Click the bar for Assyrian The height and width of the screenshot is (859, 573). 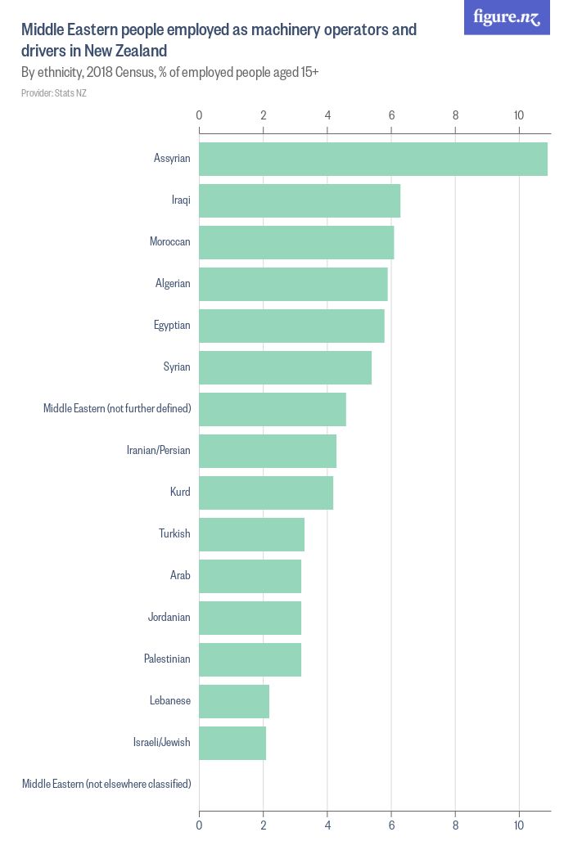point(373,159)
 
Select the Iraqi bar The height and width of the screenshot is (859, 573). point(300,200)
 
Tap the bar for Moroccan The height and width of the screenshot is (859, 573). point(296,242)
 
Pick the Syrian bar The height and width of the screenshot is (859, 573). point(285,367)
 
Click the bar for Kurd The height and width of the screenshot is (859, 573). point(266,492)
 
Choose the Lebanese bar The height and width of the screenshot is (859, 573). point(234,701)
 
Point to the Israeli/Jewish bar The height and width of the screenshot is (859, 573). point(232,743)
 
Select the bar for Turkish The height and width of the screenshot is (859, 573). point(251,534)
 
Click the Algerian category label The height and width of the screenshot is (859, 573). point(173,284)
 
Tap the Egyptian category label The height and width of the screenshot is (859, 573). point(172,326)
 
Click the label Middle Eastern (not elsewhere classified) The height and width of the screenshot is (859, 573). point(106,785)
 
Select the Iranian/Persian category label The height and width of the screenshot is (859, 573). point(158,451)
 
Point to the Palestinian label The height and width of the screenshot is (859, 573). point(167,659)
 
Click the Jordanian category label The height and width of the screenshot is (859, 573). point(169,618)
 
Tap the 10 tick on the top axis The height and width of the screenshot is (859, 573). point(519,115)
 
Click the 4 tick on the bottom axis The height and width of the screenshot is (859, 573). point(327,826)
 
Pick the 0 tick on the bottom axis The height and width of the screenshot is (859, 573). point(199,826)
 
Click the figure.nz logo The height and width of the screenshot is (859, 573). point(507,17)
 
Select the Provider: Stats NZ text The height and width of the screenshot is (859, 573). point(54,93)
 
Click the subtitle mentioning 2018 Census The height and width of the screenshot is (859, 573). point(169,73)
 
